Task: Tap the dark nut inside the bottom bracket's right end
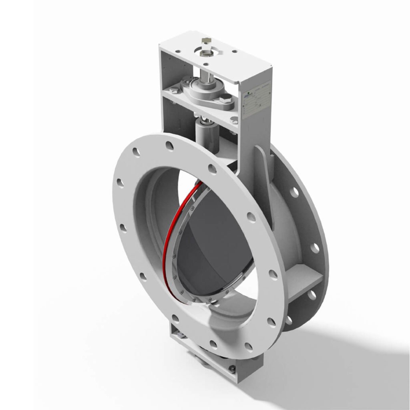coord(232,369)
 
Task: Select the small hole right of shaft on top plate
coord(234,51)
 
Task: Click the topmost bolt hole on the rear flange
coord(294,193)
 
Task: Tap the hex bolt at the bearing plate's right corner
coord(234,120)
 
